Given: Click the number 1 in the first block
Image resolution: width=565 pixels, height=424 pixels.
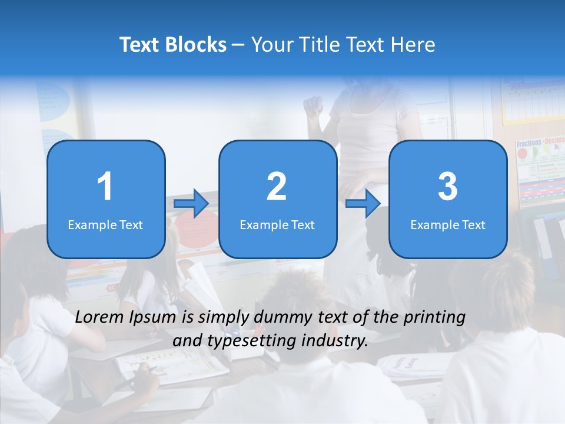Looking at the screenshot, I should [x=105, y=187].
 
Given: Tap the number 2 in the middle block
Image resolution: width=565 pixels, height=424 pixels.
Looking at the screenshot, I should [x=277, y=187].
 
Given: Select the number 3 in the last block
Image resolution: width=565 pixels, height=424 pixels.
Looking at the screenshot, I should [x=448, y=187].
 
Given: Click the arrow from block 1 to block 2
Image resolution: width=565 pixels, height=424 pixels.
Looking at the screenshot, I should [x=191, y=204].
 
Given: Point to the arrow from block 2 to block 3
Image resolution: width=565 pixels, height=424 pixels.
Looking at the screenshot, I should [x=363, y=204].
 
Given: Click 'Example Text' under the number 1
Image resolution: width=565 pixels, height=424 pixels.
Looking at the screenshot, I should [x=105, y=224].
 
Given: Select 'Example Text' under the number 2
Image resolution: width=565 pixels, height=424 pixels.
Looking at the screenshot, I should [x=277, y=224].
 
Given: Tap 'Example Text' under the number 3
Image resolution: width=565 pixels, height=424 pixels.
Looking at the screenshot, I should [x=448, y=224].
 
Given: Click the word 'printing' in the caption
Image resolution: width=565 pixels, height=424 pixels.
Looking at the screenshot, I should [x=434, y=317].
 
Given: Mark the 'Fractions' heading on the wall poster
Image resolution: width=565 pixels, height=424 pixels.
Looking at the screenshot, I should [x=529, y=144].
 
